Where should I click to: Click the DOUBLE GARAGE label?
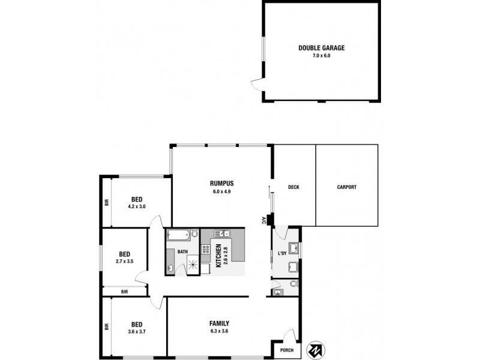pyautogui.click(x=322, y=47)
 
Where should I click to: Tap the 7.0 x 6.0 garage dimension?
pyautogui.click(x=322, y=55)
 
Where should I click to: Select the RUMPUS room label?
pyautogui.click(x=221, y=184)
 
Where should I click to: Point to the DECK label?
pyautogui.click(x=293, y=187)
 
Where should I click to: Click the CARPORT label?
pyautogui.click(x=347, y=187)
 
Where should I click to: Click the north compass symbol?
pyautogui.click(x=315, y=350)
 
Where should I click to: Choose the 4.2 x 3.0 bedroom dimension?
pyautogui.click(x=136, y=206)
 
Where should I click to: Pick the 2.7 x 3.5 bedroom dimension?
pyautogui.click(x=124, y=261)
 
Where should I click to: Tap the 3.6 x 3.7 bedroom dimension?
pyautogui.click(x=136, y=331)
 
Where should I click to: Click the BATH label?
pyautogui.click(x=182, y=253)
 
